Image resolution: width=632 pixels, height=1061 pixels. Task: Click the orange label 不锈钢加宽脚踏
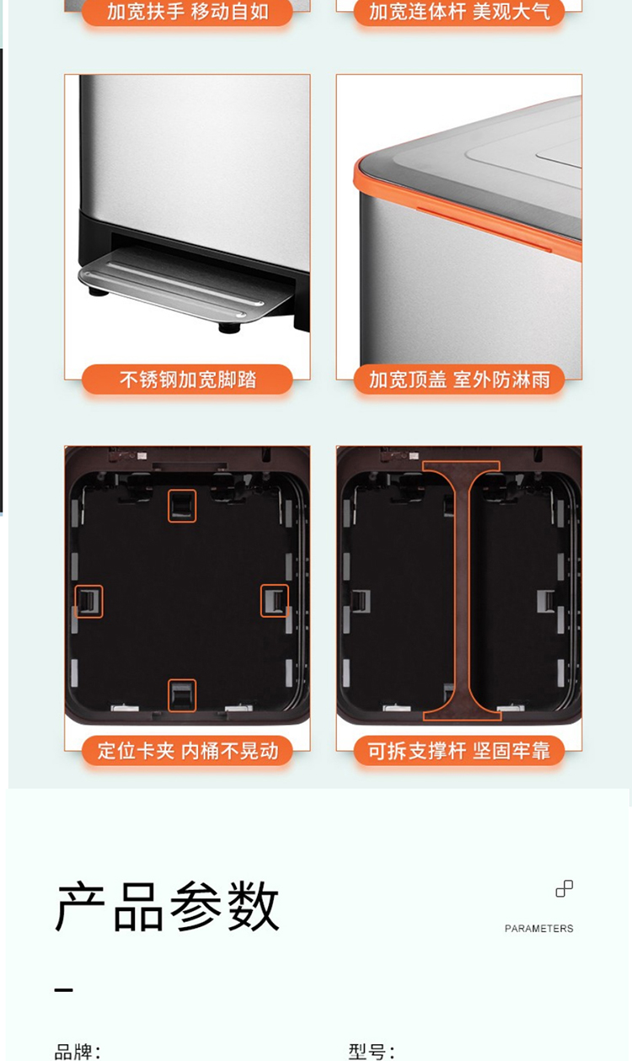click(187, 379)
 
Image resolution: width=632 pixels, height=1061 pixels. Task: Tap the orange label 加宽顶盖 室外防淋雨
click(459, 379)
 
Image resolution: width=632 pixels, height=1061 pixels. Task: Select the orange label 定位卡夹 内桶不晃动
click(187, 751)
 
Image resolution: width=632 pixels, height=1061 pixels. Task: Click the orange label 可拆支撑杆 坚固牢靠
click(459, 751)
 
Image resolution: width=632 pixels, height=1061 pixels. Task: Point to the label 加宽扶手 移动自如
click(187, 12)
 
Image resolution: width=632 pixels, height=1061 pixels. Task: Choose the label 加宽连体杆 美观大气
click(459, 12)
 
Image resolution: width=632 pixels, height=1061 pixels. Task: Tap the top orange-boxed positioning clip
click(182, 506)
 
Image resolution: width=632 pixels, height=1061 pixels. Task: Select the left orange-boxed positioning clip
click(88, 602)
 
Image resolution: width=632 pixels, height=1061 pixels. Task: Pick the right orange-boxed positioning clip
click(275, 601)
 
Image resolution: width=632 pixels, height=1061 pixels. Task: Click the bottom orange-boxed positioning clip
click(182, 695)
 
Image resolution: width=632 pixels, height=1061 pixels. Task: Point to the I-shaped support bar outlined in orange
click(462, 591)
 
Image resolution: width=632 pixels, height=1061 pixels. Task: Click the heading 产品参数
click(167, 907)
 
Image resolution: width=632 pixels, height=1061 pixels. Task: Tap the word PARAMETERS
click(538, 929)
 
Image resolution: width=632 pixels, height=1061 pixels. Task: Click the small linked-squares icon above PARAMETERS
click(565, 888)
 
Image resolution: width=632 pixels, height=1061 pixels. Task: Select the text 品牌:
click(78, 1053)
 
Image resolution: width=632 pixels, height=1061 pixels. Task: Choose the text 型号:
click(372, 1053)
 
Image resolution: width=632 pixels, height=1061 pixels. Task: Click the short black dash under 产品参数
click(63, 990)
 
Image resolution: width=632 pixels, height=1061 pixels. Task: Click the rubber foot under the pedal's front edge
click(229, 328)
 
